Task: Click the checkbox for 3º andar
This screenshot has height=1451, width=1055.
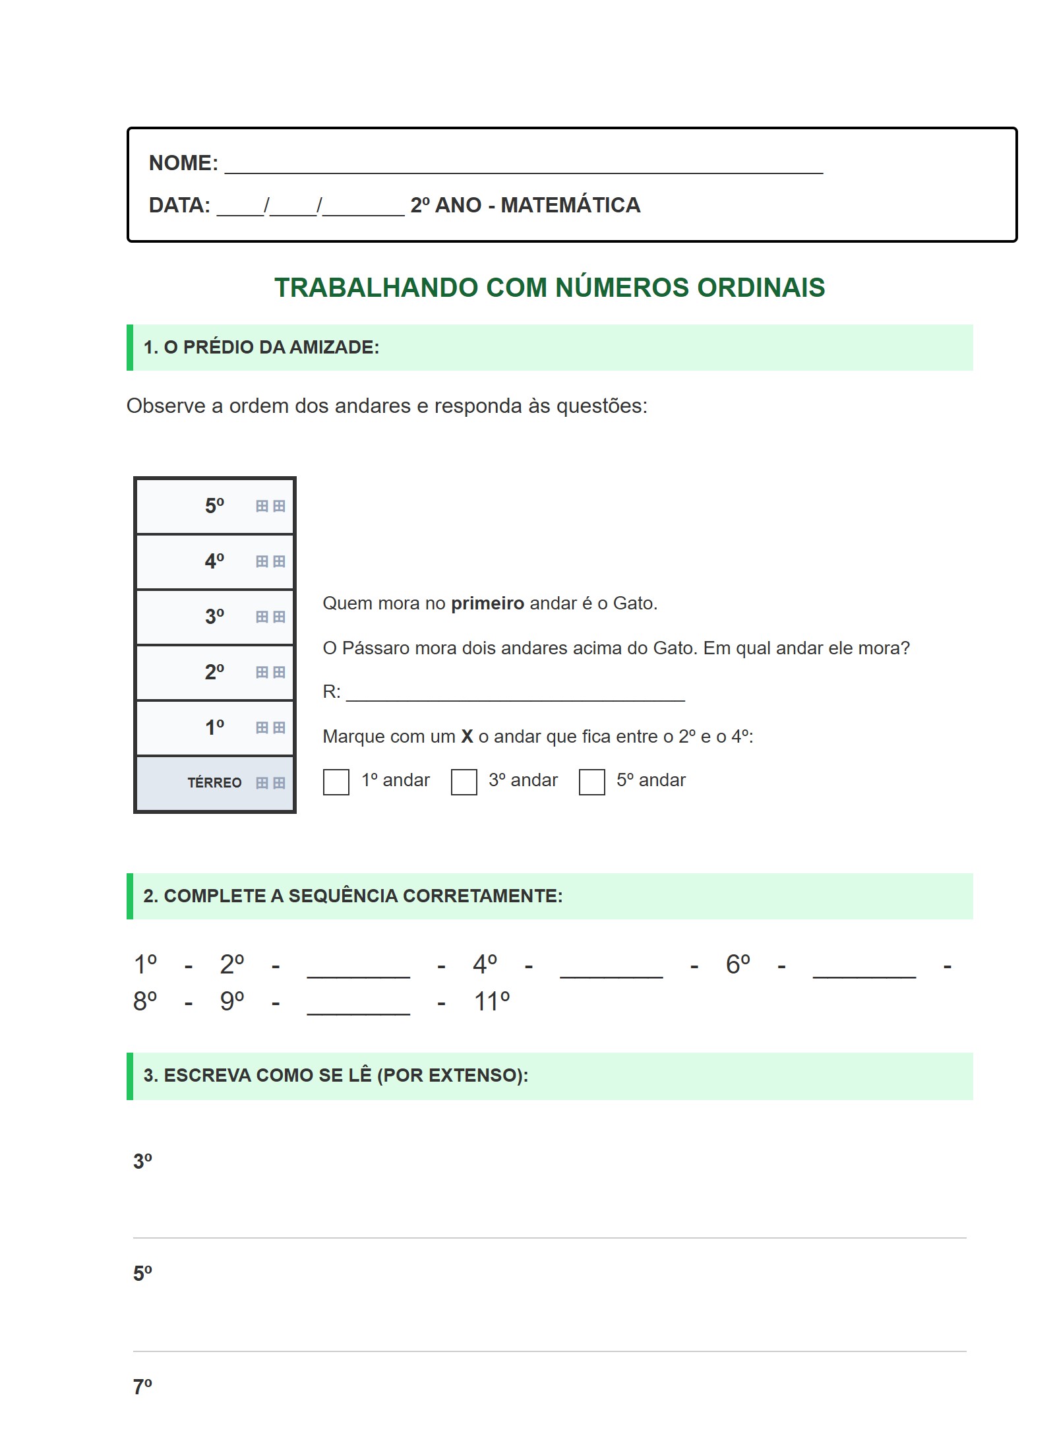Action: [464, 782]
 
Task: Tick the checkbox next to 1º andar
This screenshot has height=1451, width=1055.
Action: [336, 782]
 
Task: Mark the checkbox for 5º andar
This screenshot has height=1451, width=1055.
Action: [591, 782]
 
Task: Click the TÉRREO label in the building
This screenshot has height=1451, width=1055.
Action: [214, 783]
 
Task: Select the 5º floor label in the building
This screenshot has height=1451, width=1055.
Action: [214, 506]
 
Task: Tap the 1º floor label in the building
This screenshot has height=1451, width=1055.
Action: [214, 727]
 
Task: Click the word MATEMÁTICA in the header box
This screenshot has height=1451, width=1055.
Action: [570, 205]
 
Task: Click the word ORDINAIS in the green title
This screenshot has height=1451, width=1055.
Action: [761, 288]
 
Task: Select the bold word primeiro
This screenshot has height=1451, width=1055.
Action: [487, 603]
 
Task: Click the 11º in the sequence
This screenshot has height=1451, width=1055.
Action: [492, 1002]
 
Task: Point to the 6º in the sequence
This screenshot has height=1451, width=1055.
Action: [738, 965]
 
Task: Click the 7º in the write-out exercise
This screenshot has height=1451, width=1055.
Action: [142, 1386]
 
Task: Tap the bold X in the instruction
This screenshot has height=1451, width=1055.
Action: [467, 737]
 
